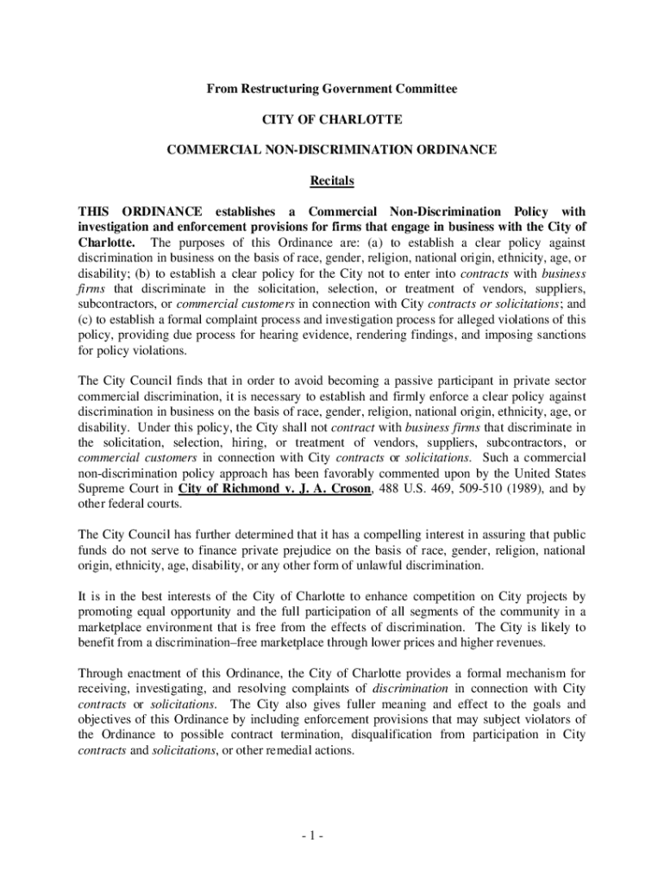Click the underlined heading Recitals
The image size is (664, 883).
tap(332, 181)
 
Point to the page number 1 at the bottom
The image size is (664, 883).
tap(332, 836)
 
